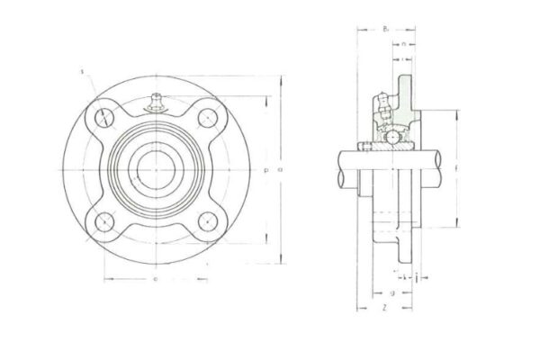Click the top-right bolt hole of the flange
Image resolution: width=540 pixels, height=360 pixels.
pos(207,117)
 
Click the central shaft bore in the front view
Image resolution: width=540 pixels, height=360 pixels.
pos(156,168)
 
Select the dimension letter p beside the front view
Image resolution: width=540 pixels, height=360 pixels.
pos(267,168)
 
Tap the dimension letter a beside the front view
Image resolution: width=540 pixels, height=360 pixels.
pos(281,168)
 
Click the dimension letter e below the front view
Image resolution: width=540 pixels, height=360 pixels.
pos(155,279)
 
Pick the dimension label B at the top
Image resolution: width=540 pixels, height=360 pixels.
pos(385,29)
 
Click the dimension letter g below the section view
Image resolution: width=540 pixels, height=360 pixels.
pos(392,292)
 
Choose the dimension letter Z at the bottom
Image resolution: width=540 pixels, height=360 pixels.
pos(384,308)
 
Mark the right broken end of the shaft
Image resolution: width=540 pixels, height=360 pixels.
pos(444,168)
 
